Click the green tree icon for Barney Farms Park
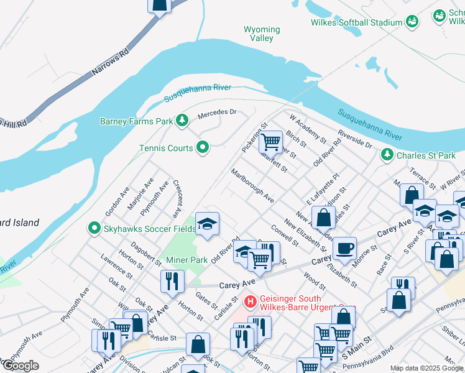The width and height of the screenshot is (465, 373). pos(182,121)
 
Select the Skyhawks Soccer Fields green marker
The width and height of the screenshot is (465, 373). pos(94,229)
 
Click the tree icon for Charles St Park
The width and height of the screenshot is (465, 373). pos(387,154)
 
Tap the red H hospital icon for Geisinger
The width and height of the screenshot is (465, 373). pos(251,303)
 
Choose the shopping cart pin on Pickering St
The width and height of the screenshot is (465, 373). pos(270,141)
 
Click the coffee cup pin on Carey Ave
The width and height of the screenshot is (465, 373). pos(344,248)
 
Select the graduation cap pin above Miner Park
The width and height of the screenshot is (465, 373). pos(208,223)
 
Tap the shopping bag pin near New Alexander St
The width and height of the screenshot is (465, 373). pos(323,218)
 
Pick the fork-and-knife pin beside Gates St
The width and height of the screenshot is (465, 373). pos(172,280)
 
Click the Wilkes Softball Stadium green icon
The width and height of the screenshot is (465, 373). pos(411,22)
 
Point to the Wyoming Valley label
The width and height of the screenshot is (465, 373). pos(262,34)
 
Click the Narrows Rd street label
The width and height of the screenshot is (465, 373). pos(109,63)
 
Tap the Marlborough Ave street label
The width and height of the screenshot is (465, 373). pos(252,186)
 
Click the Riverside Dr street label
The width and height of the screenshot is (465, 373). pos(355,139)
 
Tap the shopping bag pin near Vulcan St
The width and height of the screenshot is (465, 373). pos(198,344)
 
